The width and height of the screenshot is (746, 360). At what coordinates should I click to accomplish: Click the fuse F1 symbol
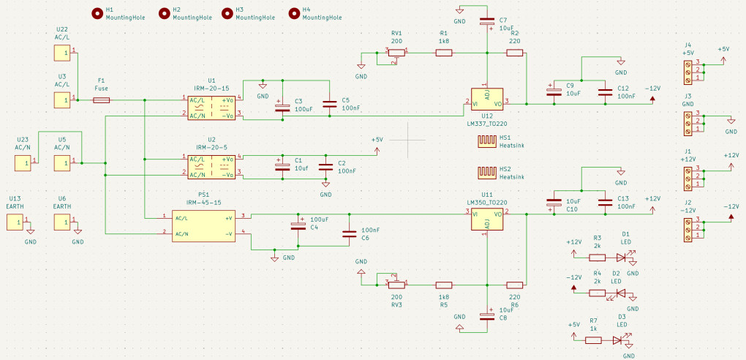(x=102, y=100)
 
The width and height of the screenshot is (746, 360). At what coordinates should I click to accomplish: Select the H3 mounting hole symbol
(x=227, y=13)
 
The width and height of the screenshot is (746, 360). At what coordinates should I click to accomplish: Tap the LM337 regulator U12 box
(x=486, y=100)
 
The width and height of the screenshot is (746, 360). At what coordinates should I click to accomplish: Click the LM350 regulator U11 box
(x=486, y=219)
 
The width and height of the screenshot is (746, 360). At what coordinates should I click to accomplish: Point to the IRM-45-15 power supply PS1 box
(x=203, y=225)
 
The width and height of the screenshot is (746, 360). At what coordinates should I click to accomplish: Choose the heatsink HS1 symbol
(x=486, y=141)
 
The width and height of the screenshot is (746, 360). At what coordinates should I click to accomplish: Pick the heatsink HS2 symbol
(x=486, y=173)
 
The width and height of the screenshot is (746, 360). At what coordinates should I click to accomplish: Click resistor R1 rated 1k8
(x=444, y=53)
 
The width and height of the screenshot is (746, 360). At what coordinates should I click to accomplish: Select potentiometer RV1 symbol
(x=397, y=54)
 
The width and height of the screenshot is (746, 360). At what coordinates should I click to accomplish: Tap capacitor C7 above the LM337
(x=487, y=21)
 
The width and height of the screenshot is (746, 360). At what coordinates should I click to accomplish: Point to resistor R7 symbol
(x=593, y=340)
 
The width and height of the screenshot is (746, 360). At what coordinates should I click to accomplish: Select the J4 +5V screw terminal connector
(x=688, y=70)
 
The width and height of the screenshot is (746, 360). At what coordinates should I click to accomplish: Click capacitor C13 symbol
(x=605, y=203)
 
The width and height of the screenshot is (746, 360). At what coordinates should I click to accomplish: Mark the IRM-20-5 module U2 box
(x=211, y=167)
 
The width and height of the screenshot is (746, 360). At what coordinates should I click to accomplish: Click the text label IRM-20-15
(x=211, y=89)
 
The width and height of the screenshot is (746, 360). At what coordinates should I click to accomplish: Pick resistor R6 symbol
(x=515, y=285)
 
